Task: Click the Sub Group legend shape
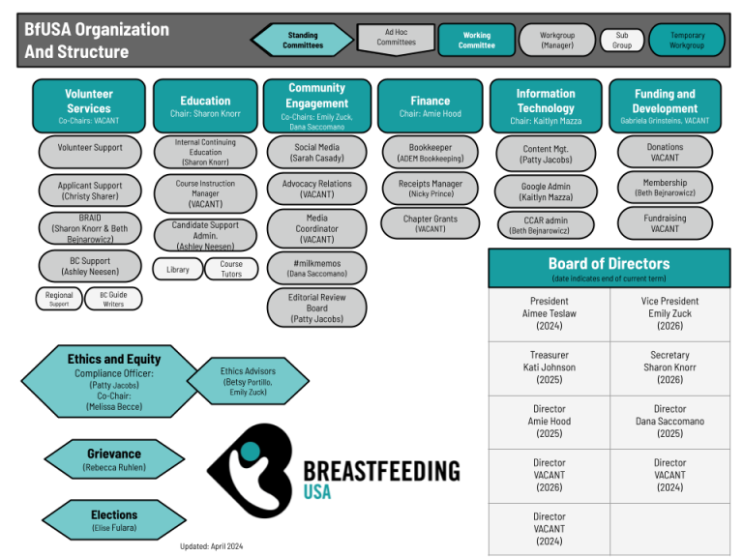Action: [622, 41]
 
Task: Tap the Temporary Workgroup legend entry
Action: [687, 41]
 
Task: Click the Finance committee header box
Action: [430, 106]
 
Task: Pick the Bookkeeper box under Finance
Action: [431, 153]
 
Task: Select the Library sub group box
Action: [178, 269]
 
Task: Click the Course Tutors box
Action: [231, 269]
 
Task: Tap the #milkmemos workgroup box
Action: [316, 268]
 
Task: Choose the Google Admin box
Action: [546, 191]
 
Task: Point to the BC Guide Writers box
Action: [113, 299]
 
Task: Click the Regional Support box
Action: [59, 299]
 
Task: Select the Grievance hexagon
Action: [114, 459]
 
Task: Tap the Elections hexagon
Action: [114, 520]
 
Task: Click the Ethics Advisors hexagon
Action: [248, 381]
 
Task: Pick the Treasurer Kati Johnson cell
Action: [550, 367]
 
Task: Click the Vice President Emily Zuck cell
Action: [670, 313]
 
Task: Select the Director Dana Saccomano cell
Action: [670, 422]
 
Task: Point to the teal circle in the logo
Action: [251, 452]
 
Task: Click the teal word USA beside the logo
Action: [317, 492]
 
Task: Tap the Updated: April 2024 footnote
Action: [211, 546]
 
